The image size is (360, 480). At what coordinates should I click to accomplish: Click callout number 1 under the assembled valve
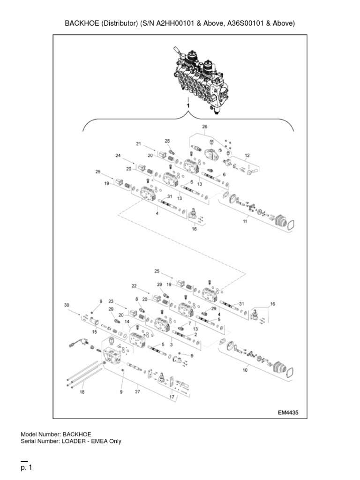[x=188, y=107]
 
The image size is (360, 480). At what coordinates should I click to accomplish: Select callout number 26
[x=204, y=127]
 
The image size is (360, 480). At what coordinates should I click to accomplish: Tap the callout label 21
[x=138, y=143]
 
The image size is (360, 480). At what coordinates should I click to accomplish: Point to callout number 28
[x=167, y=141]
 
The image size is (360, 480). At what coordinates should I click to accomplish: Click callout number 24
[x=118, y=156]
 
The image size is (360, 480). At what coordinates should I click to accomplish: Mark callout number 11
[x=245, y=221]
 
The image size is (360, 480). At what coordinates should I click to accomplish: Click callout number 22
[x=134, y=285]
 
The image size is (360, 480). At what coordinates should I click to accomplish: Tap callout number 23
[x=111, y=301]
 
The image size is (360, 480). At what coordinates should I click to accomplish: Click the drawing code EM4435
[x=288, y=412]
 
